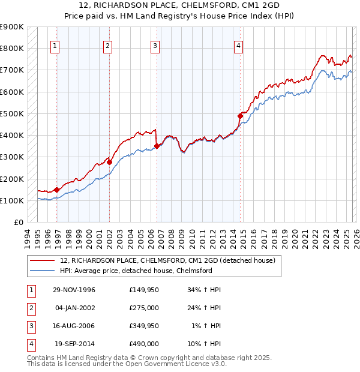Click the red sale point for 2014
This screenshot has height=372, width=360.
pyautogui.click(x=240, y=116)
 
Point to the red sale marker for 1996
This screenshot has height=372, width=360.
pyautogui.click(x=56, y=190)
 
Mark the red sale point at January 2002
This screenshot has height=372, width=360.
pyautogui.click(x=110, y=162)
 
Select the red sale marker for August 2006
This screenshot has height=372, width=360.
pyautogui.click(x=157, y=146)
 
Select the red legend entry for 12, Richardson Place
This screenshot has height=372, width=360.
pyautogui.click(x=167, y=260)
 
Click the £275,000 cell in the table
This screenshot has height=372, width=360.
pyautogui.click(x=143, y=308)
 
